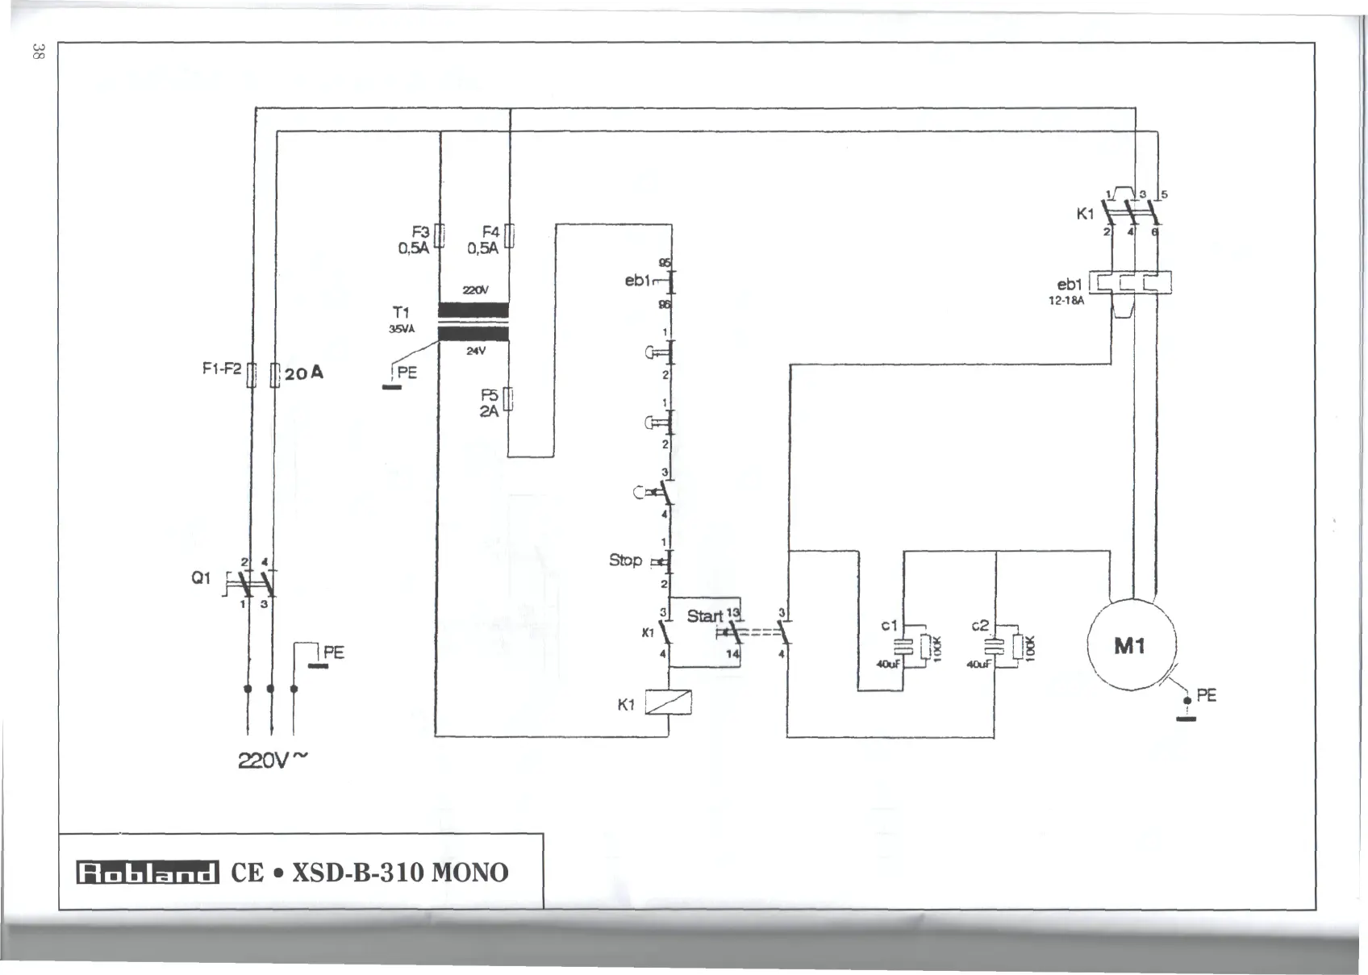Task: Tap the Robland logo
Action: tap(147, 873)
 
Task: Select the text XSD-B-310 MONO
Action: tap(399, 873)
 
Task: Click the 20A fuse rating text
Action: tap(303, 373)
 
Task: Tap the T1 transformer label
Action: tap(401, 312)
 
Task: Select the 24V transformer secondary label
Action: tap(475, 351)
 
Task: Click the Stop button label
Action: tap(625, 560)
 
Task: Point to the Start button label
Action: tap(704, 616)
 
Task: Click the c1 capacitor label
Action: tap(889, 625)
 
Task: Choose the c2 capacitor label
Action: tap(980, 625)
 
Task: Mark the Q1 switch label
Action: tap(201, 577)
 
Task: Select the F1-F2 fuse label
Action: tap(222, 369)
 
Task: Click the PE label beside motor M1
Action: tap(1207, 694)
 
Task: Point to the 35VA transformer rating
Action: tap(401, 329)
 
